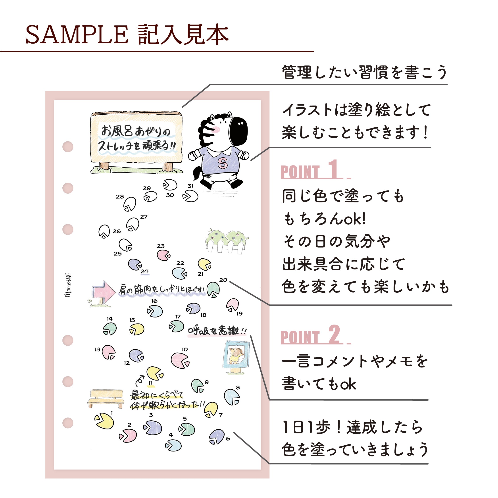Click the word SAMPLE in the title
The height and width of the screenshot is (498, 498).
[77, 35]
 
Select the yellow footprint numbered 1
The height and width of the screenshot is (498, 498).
[104, 421]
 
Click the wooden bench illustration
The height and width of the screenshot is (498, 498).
[106, 398]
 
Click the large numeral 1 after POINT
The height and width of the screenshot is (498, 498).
[333, 169]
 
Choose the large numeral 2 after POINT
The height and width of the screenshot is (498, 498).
[334, 334]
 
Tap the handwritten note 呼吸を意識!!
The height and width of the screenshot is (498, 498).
[217, 331]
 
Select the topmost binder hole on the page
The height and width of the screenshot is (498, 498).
[68, 147]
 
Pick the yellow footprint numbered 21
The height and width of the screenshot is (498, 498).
[204, 264]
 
